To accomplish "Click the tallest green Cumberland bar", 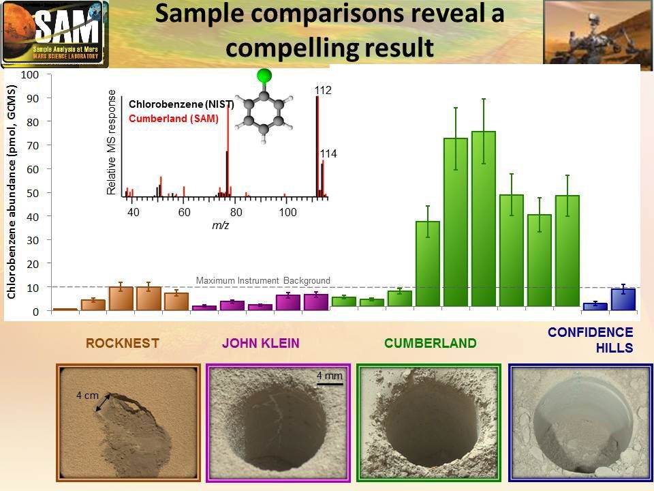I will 483,218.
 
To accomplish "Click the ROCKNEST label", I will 122,343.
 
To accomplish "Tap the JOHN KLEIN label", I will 261,343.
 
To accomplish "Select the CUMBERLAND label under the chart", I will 431,343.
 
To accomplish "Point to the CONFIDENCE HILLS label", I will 591,340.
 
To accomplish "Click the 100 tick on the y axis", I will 29,74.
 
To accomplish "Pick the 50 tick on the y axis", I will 31,193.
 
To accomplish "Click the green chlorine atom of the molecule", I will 264,76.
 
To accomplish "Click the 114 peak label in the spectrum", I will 328,154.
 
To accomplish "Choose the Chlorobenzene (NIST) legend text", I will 181,104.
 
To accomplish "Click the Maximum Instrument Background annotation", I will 263,280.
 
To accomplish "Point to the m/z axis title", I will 219,226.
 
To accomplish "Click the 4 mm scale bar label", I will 329,375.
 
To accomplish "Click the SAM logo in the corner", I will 54,33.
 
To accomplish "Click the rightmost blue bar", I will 623,299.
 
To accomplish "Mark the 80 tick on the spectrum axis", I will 236,212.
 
